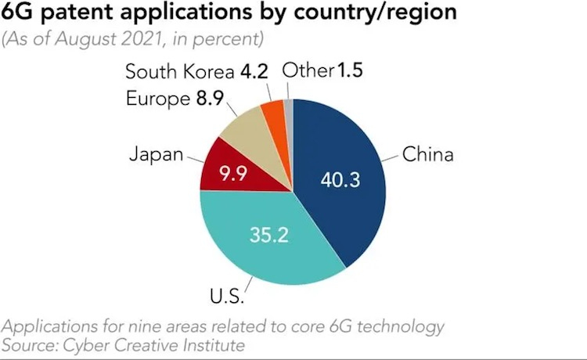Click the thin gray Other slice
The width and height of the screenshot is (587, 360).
[288, 107]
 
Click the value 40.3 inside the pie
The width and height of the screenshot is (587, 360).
[340, 180]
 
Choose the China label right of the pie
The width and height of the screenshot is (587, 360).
[428, 153]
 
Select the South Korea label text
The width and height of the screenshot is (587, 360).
[180, 73]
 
